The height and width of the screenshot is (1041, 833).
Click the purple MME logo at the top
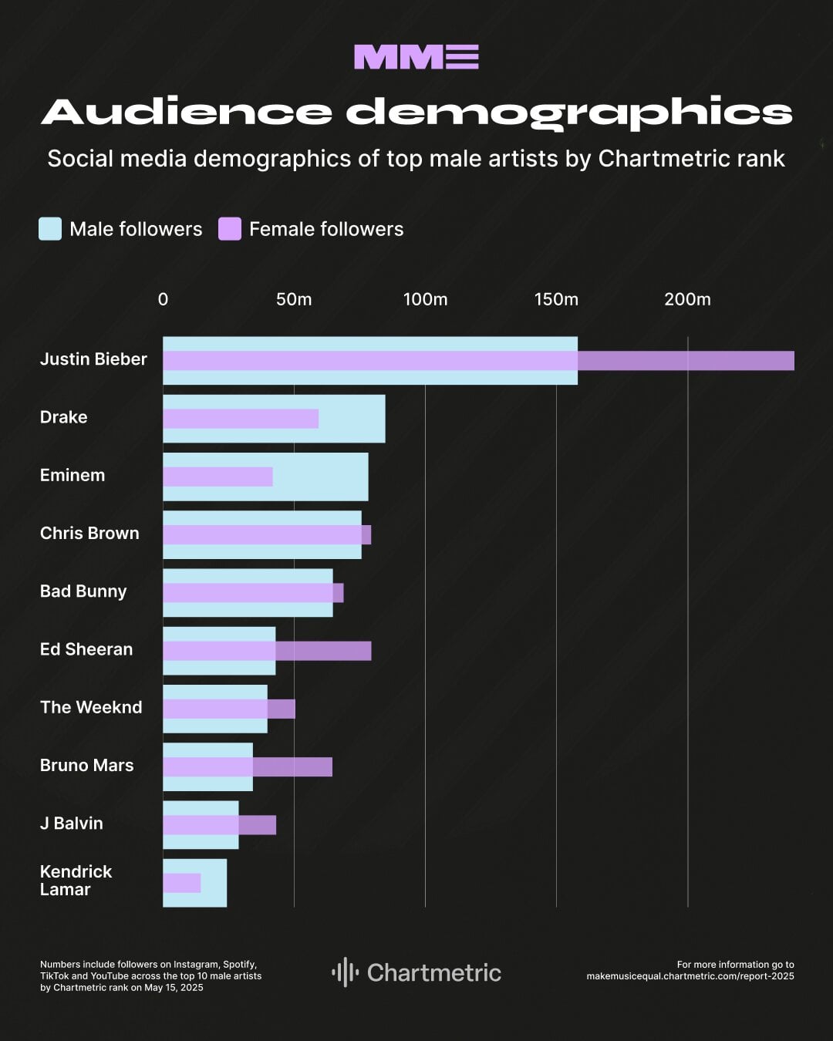click(416, 57)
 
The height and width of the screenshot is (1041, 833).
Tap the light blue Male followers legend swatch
click(50, 229)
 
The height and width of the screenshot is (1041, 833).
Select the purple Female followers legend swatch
click(230, 229)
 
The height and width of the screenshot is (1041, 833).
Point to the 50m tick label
click(294, 299)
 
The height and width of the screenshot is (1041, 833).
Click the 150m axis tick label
click(556, 299)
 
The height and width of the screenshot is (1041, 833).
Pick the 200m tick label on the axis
click(687, 299)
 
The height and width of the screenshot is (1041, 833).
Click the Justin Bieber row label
click(93, 359)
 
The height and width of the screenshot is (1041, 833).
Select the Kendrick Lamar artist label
click(76, 881)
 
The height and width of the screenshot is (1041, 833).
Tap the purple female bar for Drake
click(241, 419)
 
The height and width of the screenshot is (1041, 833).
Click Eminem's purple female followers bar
click(218, 477)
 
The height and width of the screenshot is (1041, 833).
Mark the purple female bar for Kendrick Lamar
click(182, 883)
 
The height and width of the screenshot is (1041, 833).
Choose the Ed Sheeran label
click(86, 649)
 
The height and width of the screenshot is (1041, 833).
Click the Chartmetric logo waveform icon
click(345, 972)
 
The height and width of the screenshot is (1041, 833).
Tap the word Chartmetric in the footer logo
click(434, 973)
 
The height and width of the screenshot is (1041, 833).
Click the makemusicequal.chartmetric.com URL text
click(690, 976)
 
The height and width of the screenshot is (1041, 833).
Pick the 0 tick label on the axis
click(163, 299)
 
